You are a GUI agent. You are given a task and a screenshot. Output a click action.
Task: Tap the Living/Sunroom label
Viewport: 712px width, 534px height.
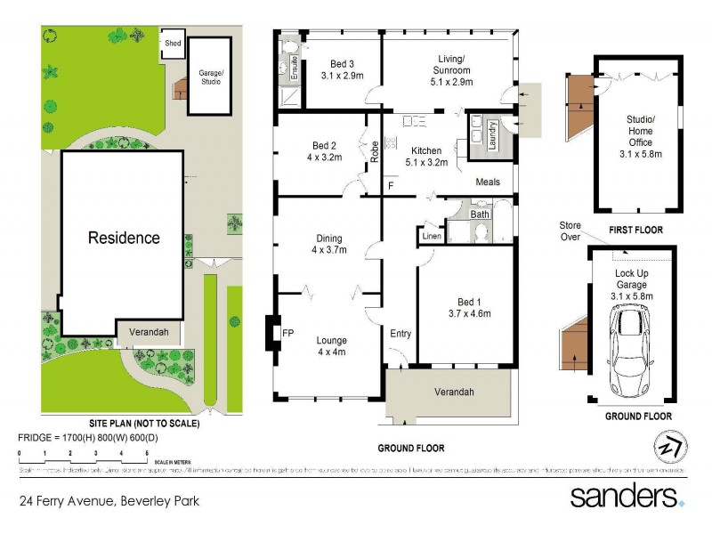[x=449, y=62]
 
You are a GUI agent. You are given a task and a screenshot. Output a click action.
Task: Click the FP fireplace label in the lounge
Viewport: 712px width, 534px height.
[x=287, y=334]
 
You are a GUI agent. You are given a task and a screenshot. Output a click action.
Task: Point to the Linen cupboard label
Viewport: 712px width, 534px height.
[x=431, y=236]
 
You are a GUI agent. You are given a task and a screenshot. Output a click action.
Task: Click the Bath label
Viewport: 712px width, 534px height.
[x=480, y=214]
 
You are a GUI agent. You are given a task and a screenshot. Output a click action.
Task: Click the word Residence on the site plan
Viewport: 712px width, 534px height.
[x=123, y=238]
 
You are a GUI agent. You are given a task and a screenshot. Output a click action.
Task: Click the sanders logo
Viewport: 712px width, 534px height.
[x=626, y=496]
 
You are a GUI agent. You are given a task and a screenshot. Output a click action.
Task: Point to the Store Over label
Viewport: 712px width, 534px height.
[x=570, y=231]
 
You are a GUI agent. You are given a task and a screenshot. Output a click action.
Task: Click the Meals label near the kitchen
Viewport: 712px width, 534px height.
[x=488, y=182]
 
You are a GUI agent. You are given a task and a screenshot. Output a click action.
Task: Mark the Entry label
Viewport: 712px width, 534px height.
[x=400, y=334]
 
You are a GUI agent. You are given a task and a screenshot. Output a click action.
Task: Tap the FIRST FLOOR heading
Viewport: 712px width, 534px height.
[x=635, y=230]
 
